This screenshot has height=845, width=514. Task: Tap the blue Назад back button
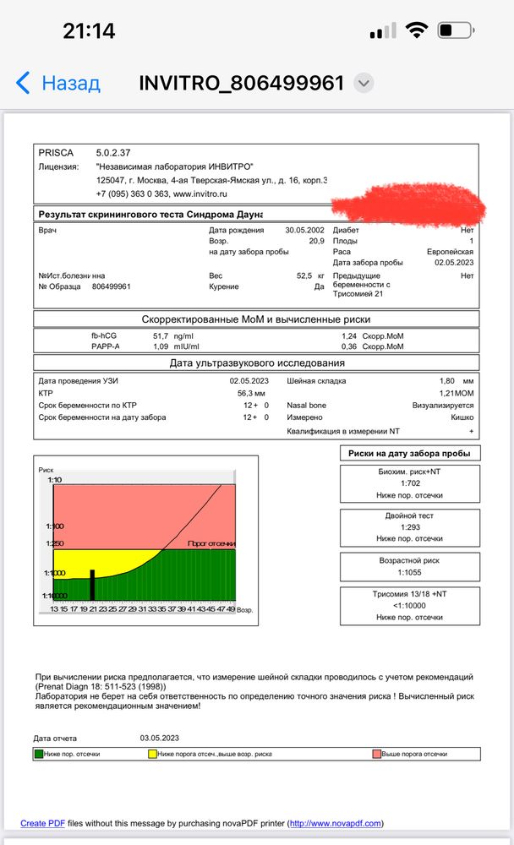point(57,83)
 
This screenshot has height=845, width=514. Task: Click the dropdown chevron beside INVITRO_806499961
point(364,83)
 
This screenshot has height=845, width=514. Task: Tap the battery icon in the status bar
point(457,31)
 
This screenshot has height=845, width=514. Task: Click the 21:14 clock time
point(89,31)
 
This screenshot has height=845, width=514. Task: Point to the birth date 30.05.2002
point(305,230)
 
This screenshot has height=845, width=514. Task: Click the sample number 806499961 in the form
point(111,286)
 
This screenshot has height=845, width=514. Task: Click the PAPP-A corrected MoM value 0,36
point(348,346)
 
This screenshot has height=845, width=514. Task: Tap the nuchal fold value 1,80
point(449,381)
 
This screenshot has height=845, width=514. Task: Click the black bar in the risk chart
point(92,584)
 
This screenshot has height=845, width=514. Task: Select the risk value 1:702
point(410,483)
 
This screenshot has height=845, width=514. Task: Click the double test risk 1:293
point(410,526)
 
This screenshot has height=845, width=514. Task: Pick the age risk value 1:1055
point(410,571)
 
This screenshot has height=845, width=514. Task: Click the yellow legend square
point(151,753)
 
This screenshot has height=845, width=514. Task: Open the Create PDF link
point(43,822)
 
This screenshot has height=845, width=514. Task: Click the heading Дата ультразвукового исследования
point(257,363)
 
